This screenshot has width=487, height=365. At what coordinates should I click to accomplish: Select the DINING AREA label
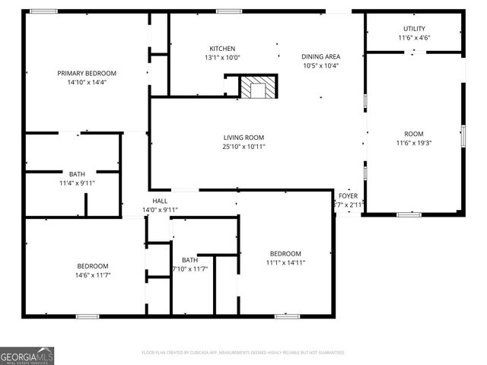[320, 56]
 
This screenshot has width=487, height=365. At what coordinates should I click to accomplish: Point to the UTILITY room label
[415, 29]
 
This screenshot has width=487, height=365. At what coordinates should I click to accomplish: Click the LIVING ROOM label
[243, 137]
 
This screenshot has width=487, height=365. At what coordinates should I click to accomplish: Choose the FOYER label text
[349, 195]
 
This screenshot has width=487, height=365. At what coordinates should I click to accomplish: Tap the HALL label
[160, 201]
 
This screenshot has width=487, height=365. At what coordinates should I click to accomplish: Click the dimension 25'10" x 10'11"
[243, 147]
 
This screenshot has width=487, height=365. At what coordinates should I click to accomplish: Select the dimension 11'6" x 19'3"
[414, 142]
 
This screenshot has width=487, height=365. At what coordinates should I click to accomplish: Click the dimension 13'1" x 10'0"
[222, 57]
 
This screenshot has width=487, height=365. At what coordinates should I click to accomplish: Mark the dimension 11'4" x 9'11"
[77, 183]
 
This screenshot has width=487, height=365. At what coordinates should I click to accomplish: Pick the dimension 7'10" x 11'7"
[190, 269]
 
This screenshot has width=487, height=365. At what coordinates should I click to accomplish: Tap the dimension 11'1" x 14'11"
[286, 263]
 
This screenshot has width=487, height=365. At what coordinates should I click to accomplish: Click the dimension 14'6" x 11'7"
[93, 275]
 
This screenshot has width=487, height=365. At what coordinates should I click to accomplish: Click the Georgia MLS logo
[27, 355]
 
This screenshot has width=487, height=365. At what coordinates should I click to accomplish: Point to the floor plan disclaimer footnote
[243, 352]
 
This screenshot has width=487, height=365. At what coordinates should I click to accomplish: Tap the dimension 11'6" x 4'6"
[415, 38]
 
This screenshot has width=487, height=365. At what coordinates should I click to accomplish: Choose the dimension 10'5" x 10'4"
[320, 65]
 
